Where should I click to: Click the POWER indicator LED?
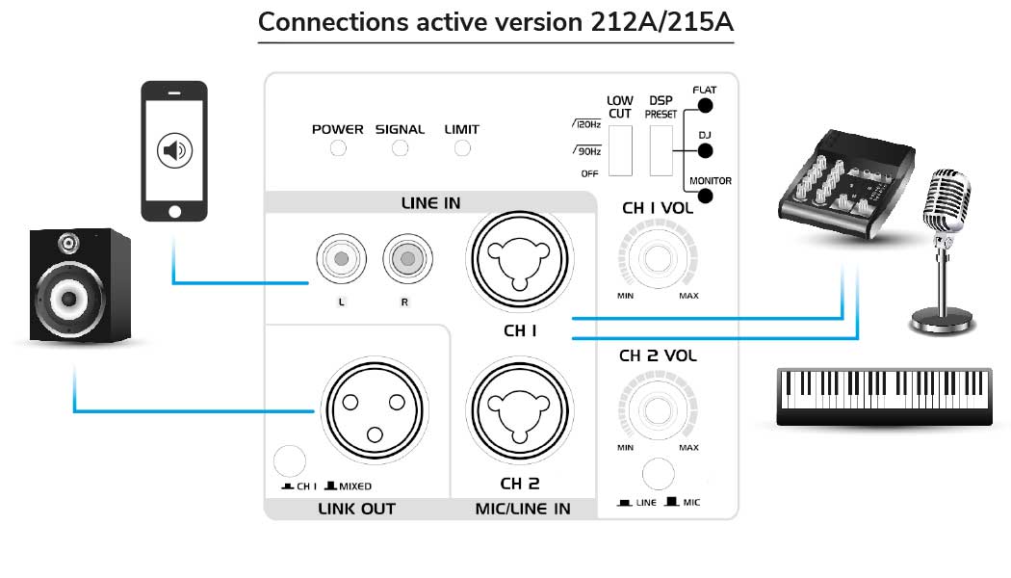[338, 148]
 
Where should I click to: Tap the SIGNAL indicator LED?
[400, 148]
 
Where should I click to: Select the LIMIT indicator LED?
[462, 148]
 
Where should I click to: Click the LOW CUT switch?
[620, 150]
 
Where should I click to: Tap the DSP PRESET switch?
[661, 150]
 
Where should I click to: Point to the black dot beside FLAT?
[706, 105]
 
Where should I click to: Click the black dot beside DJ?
[706, 150]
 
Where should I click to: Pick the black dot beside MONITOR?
[706, 196]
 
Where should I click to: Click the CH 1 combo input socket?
[519, 258]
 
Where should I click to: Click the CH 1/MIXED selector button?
[287, 460]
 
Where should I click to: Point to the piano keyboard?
[884, 395]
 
